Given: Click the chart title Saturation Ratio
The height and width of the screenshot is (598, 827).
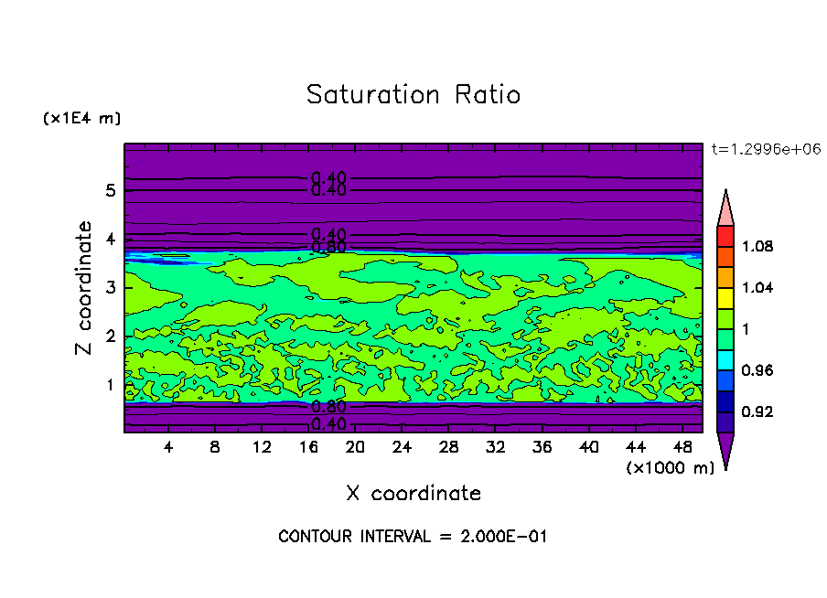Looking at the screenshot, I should point(413,95).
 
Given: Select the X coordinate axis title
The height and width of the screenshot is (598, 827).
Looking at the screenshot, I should point(413,494).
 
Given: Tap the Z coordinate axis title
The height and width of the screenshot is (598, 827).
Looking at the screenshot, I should point(85,288).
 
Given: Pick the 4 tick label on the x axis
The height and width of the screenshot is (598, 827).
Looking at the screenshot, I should point(168,447).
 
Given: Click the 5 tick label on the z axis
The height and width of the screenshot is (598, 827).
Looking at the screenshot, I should point(109,191).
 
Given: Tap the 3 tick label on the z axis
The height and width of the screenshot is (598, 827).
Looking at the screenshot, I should point(109,288).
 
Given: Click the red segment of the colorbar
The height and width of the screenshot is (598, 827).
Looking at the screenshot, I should point(725,236).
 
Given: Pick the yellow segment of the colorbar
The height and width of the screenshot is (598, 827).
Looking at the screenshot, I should point(725,297).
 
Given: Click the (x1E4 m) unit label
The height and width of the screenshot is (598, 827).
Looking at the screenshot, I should point(81,119).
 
